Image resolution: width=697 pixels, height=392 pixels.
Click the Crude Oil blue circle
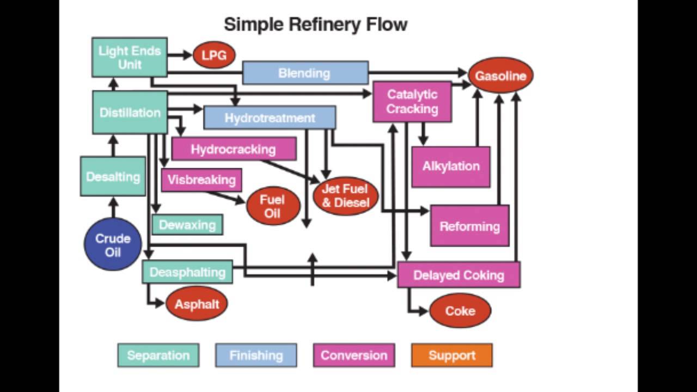[x=113, y=244]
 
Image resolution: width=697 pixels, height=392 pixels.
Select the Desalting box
[x=113, y=176]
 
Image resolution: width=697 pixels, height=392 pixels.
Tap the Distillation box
[x=130, y=113]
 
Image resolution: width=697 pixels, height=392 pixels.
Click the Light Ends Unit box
[x=129, y=57]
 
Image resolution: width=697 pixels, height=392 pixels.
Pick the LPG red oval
[x=214, y=56]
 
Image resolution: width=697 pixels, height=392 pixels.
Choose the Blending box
[x=305, y=73]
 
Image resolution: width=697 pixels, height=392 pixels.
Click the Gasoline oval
[x=500, y=76]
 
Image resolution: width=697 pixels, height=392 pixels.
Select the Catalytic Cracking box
[x=412, y=102]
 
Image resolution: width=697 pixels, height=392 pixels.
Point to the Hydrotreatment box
[x=270, y=118]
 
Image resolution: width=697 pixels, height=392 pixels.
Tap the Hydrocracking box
[x=234, y=149]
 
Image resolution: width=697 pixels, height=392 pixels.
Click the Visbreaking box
[x=201, y=180]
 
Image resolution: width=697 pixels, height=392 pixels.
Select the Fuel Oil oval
[x=273, y=206]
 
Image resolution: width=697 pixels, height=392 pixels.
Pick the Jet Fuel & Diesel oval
[x=345, y=196]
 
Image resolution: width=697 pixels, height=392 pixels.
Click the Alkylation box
[x=451, y=167]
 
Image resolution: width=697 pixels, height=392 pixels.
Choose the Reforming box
[x=469, y=226]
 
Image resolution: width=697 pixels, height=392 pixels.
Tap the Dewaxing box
[x=187, y=224]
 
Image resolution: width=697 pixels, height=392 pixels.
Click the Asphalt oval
[x=197, y=304]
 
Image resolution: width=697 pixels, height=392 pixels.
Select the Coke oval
[x=460, y=311]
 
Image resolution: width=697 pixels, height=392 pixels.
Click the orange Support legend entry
[x=451, y=356]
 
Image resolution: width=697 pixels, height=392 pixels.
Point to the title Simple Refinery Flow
[x=315, y=24]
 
